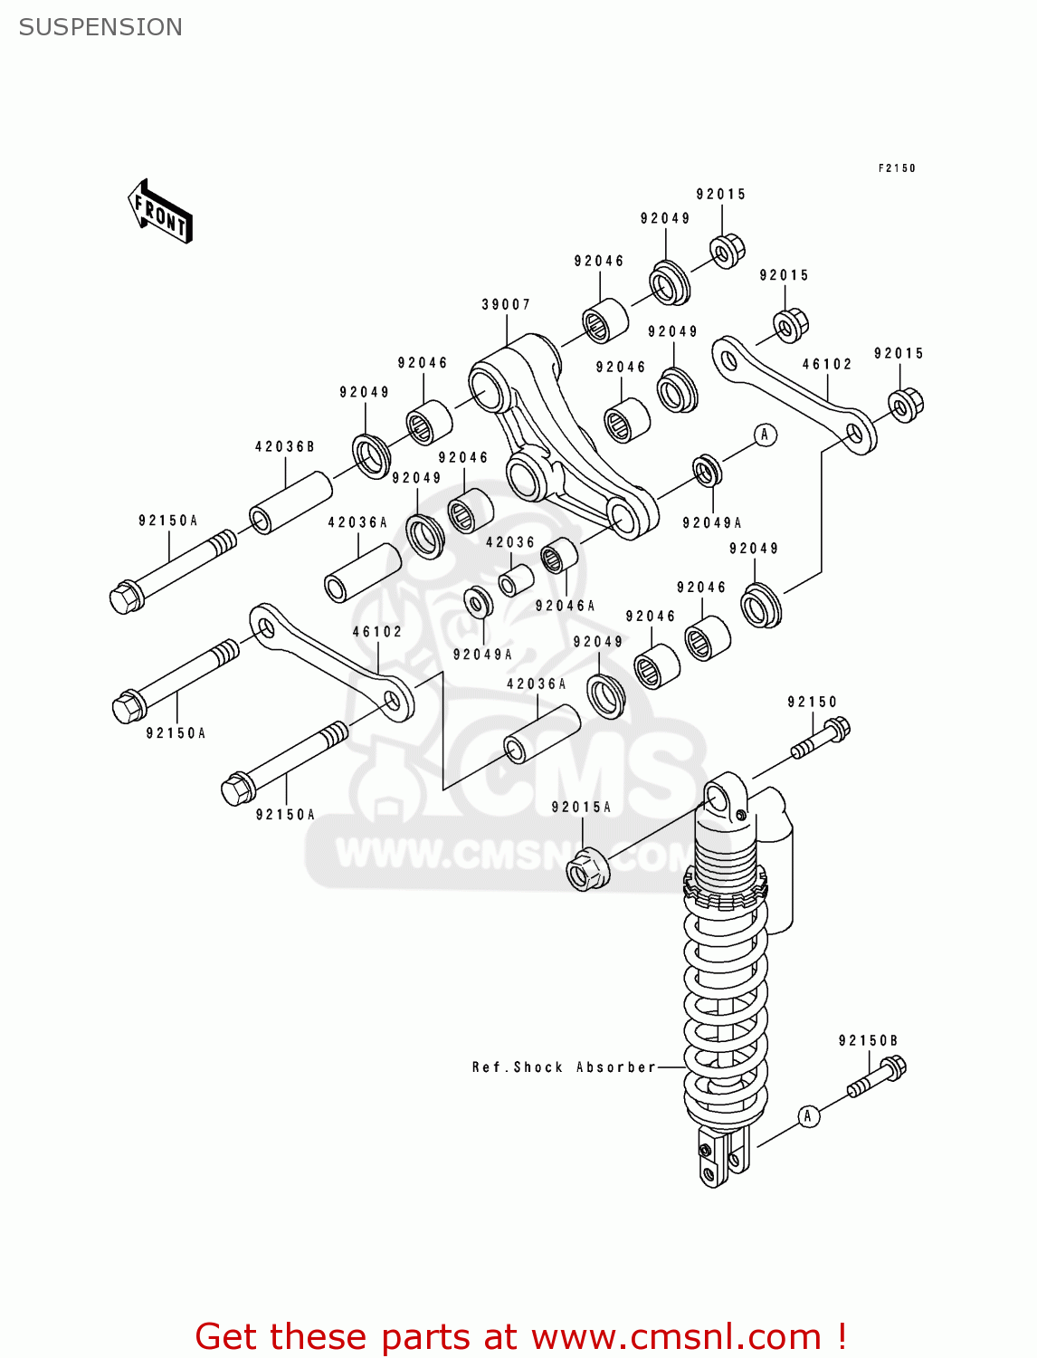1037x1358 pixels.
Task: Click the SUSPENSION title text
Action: [x=100, y=27]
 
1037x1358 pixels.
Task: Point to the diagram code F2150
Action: [x=897, y=168]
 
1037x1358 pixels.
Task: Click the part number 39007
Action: [x=506, y=305]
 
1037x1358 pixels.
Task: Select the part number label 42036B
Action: [x=284, y=447]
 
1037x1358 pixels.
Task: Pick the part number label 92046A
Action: [x=566, y=606]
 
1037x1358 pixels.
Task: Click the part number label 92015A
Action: [x=581, y=807]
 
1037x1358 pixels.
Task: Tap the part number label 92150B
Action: [x=868, y=1041]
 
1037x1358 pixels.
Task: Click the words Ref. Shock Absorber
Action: [x=563, y=1067]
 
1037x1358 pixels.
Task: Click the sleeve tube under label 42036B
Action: [x=290, y=502]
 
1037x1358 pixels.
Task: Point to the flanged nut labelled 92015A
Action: [x=588, y=869]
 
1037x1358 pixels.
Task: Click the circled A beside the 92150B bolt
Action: [x=808, y=1116]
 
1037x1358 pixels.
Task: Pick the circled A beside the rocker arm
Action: [x=765, y=435]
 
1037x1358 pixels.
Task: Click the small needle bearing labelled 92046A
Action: [x=558, y=555]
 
